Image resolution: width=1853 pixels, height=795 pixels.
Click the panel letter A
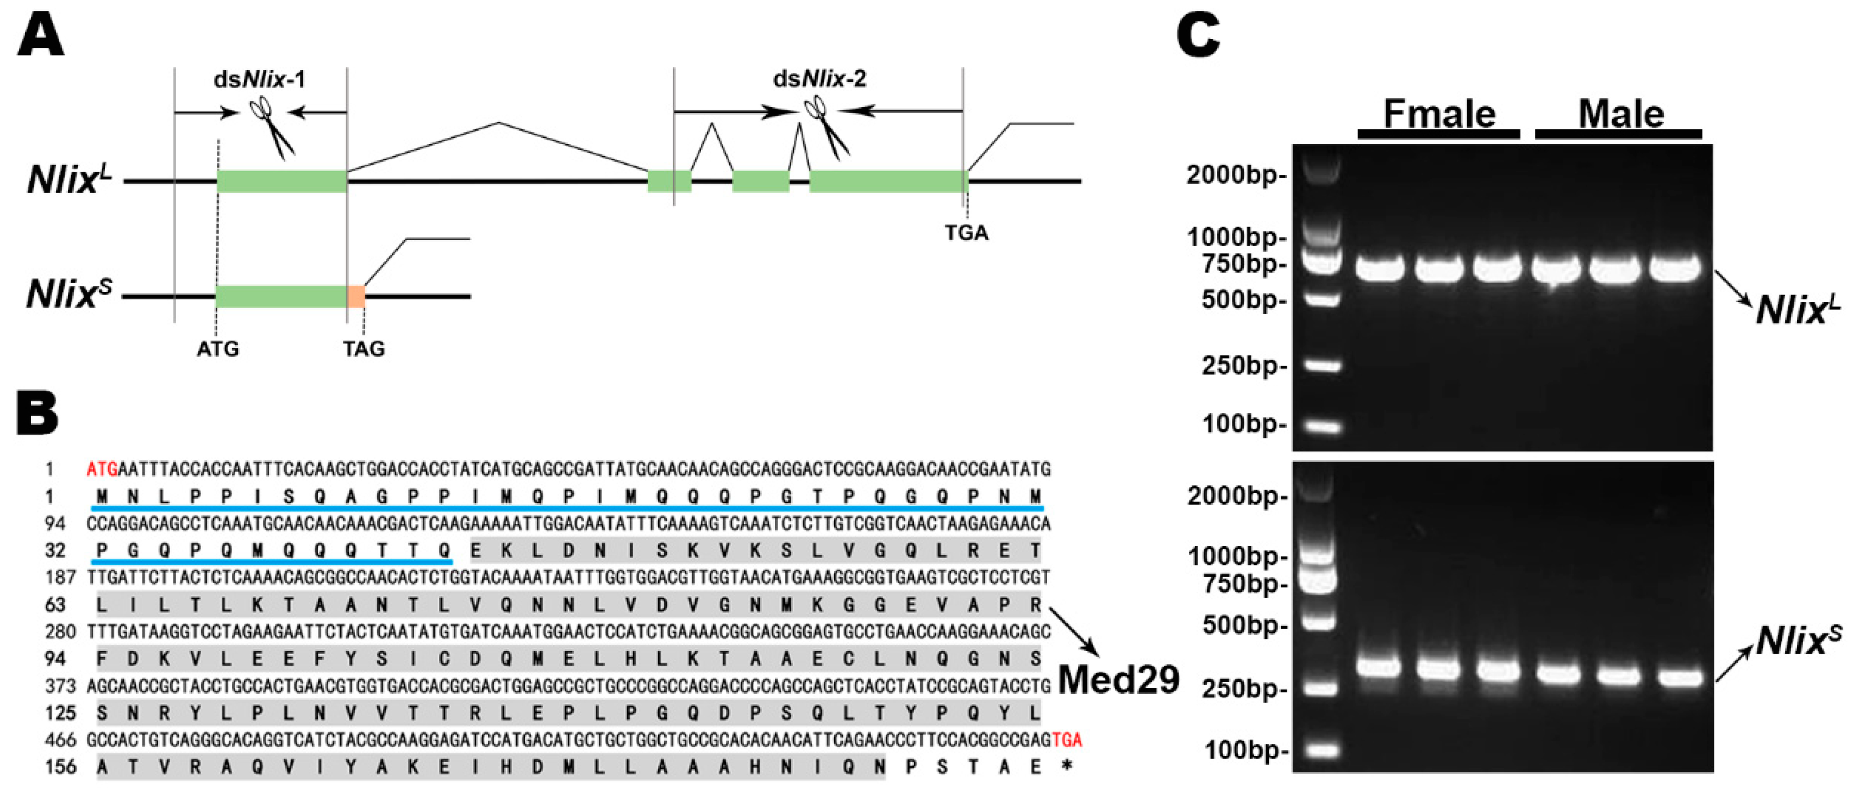click(x=40, y=36)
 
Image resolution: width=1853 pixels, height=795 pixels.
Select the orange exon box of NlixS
click(x=356, y=296)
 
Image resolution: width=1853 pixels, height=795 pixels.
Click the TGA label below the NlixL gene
click(x=966, y=233)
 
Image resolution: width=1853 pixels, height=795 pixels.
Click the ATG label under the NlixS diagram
click(x=217, y=349)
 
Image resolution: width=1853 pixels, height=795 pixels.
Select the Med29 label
click(x=1118, y=679)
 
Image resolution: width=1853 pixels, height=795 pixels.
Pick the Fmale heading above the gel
click(x=1439, y=114)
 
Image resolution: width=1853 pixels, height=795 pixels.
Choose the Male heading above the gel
click(x=1620, y=114)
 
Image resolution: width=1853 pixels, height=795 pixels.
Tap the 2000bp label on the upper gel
click(x=1235, y=175)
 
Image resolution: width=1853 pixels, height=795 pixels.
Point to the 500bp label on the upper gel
click(x=1243, y=299)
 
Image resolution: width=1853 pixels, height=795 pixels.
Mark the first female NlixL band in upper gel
click(x=1380, y=268)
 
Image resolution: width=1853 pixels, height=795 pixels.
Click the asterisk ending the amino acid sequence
click(x=1067, y=767)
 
